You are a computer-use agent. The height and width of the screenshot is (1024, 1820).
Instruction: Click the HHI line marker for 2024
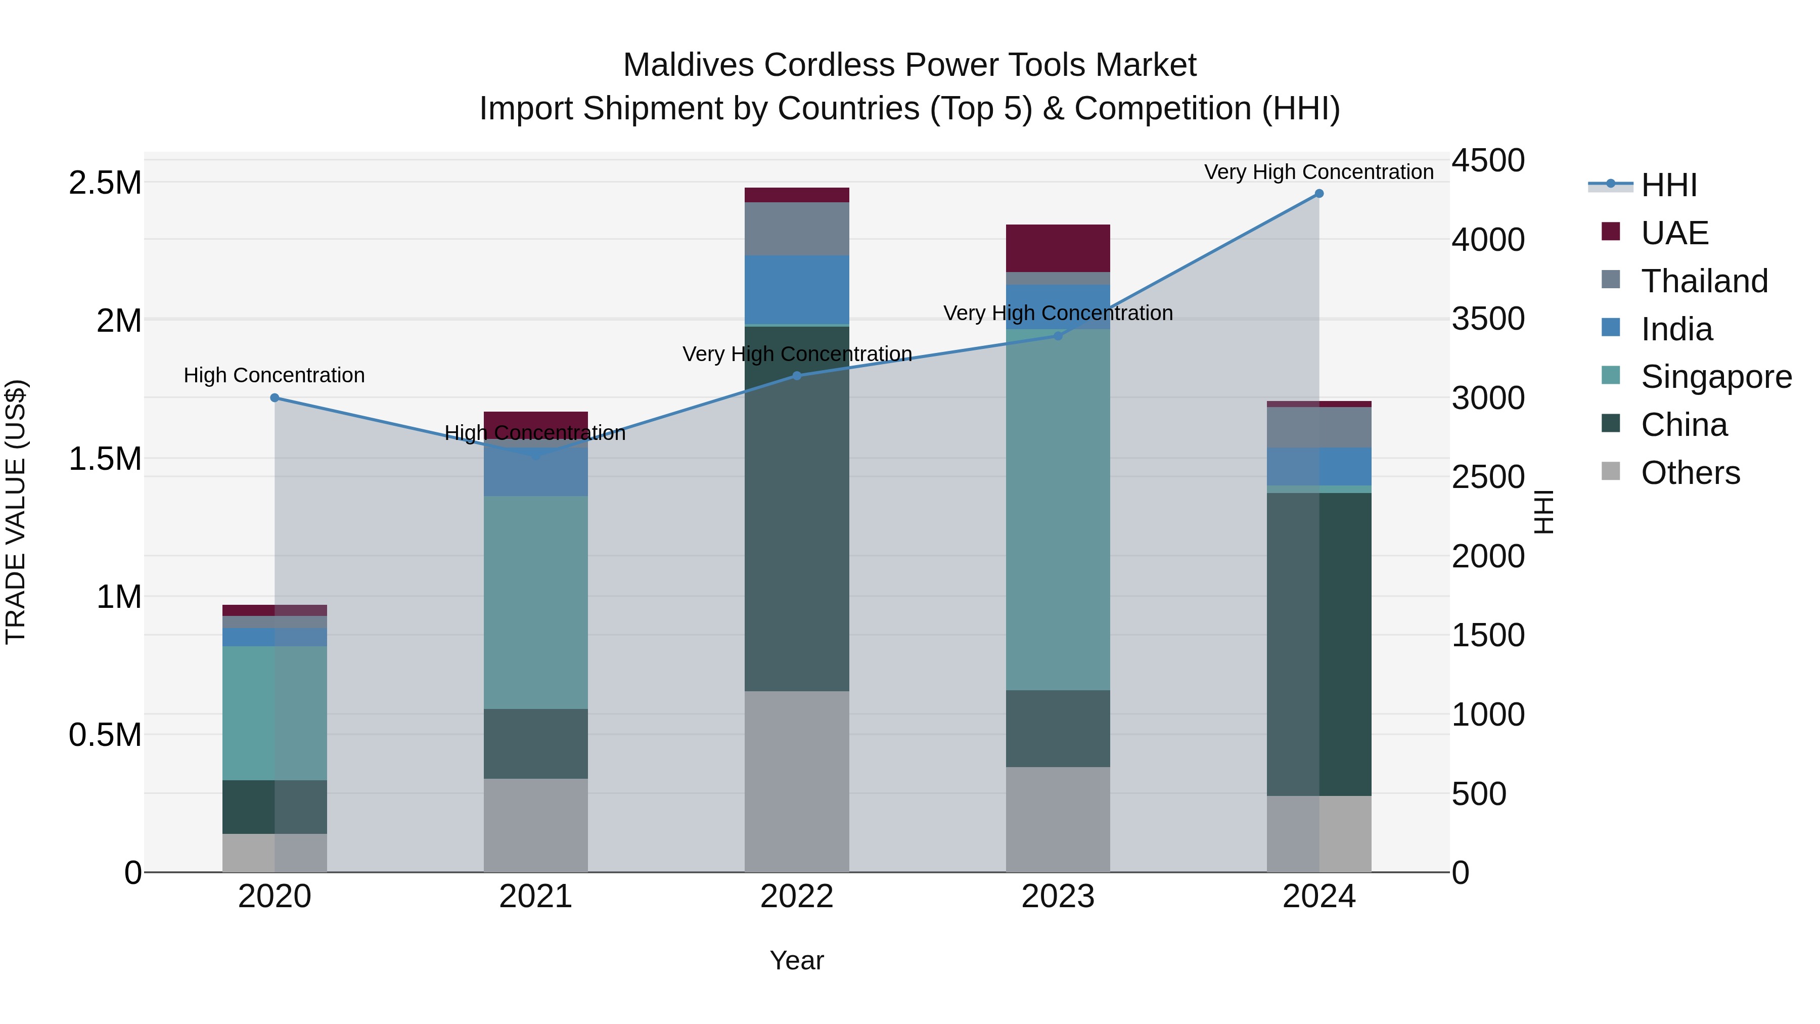pyautogui.click(x=1318, y=194)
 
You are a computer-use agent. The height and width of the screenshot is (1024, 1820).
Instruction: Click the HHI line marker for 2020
pyautogui.click(x=275, y=398)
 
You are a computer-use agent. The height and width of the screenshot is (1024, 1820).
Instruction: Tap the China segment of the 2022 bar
pyautogui.click(x=796, y=509)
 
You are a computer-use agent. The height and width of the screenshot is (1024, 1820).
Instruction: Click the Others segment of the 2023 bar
pyautogui.click(x=1058, y=819)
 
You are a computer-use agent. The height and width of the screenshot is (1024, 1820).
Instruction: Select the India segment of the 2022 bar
pyautogui.click(x=796, y=290)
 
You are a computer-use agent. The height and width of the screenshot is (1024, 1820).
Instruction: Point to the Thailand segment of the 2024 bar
pyautogui.click(x=1318, y=427)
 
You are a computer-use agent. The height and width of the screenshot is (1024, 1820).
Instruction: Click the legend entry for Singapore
pyautogui.click(x=1715, y=377)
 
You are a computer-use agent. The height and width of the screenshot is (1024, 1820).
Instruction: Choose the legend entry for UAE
pyautogui.click(x=1674, y=233)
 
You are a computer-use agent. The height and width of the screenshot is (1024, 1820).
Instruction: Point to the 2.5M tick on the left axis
pyautogui.click(x=105, y=183)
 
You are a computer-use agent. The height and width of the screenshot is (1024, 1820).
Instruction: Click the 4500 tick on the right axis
pyautogui.click(x=1488, y=160)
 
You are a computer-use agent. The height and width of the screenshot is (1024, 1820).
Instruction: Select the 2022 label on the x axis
pyautogui.click(x=796, y=897)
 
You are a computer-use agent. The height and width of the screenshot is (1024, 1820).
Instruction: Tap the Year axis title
pyautogui.click(x=796, y=960)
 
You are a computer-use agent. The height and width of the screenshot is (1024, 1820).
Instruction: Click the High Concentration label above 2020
pyautogui.click(x=274, y=375)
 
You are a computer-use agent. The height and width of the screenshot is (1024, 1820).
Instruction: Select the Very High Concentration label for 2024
pyautogui.click(x=1318, y=172)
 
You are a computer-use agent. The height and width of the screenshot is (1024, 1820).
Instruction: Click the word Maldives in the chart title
pyautogui.click(x=689, y=65)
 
